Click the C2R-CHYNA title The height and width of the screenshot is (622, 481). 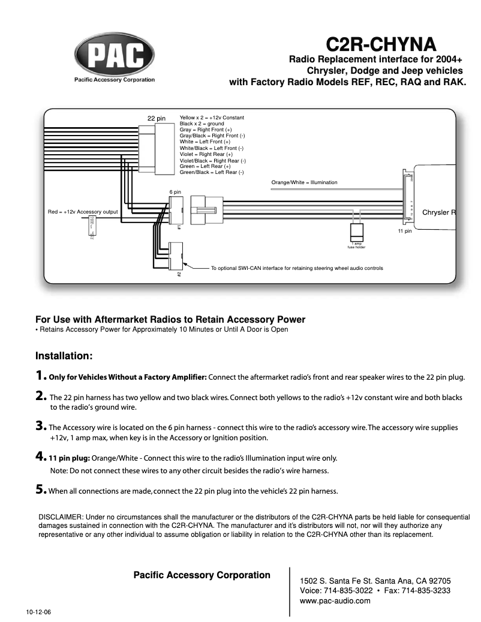pos(381,44)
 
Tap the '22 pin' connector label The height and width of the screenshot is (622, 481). pos(157,118)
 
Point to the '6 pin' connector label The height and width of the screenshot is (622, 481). pos(175,192)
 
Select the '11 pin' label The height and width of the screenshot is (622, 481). pos(405,230)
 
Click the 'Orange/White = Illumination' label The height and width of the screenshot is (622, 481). pos(304,182)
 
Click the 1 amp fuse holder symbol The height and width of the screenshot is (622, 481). pos(357,232)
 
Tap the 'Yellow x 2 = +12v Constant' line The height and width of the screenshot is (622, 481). pos(212,118)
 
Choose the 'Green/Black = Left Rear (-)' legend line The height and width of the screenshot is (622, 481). pos(212,172)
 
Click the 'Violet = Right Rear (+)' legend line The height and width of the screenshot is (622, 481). pos(206,154)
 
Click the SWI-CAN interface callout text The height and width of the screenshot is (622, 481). pos(297,268)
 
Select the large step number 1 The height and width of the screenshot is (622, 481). pos(40,376)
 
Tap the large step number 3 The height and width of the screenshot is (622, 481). pos(40,426)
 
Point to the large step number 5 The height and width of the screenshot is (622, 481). pos(40,490)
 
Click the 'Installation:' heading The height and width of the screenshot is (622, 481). pos(64,356)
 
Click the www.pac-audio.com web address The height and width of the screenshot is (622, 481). pos(335,601)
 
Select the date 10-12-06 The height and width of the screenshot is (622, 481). pos(38,613)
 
